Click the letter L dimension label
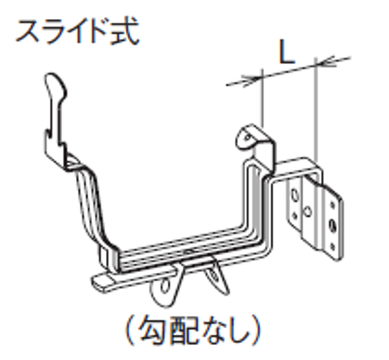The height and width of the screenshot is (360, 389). [287, 51]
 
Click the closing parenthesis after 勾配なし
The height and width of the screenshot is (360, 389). [255, 331]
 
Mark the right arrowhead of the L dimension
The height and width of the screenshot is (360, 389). [326, 62]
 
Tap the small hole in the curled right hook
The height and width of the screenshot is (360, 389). [247, 137]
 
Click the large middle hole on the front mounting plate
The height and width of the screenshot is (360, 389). [332, 225]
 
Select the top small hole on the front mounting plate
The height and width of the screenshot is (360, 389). [332, 205]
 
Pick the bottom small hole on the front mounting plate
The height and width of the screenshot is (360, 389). [332, 246]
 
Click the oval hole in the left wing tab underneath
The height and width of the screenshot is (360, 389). [165, 287]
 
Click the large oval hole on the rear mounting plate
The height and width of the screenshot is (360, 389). [295, 195]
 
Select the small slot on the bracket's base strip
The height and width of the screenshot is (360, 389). [189, 252]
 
